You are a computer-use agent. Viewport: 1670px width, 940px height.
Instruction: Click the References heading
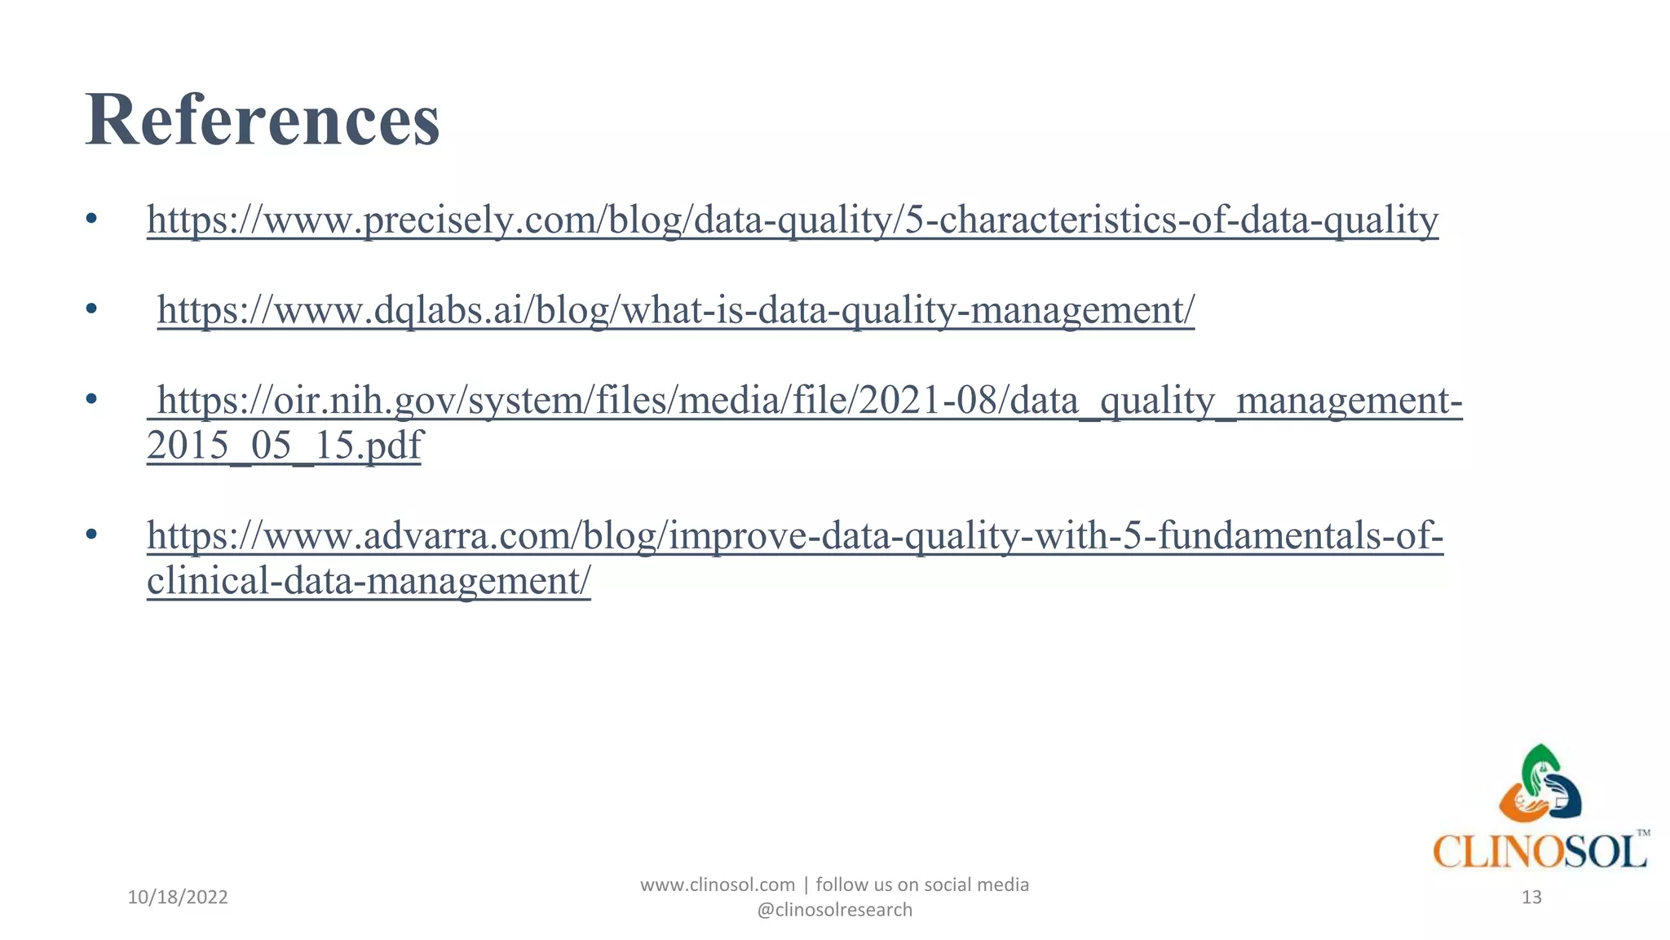[x=262, y=120]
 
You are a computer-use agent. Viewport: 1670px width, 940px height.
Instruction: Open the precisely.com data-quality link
[x=793, y=219]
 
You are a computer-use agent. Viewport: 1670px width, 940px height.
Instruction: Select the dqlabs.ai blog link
[x=675, y=310]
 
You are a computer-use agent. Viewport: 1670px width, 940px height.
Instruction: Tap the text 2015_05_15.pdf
[x=284, y=446]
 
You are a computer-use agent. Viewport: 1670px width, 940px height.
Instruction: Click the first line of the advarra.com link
[x=795, y=536]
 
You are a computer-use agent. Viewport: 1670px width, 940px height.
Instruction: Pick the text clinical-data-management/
[x=369, y=581]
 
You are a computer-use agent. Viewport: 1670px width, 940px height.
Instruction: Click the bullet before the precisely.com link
[x=91, y=219]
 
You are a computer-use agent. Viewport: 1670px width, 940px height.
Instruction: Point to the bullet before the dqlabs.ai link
[x=91, y=309]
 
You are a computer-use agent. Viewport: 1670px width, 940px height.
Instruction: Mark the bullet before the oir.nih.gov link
[x=91, y=400]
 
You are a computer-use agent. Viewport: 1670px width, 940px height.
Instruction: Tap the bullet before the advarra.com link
[x=91, y=535]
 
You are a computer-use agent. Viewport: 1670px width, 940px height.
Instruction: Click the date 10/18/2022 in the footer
[x=178, y=898]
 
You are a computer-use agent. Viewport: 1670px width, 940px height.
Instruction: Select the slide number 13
[x=1531, y=898]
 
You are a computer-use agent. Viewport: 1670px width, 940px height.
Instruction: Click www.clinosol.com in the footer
[x=717, y=885]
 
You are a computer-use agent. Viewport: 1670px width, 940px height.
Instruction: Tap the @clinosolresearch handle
[x=834, y=910]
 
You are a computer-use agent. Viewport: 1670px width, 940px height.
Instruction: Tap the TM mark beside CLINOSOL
[x=1643, y=833]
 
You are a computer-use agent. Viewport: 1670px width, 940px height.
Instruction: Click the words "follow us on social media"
[x=922, y=885]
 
